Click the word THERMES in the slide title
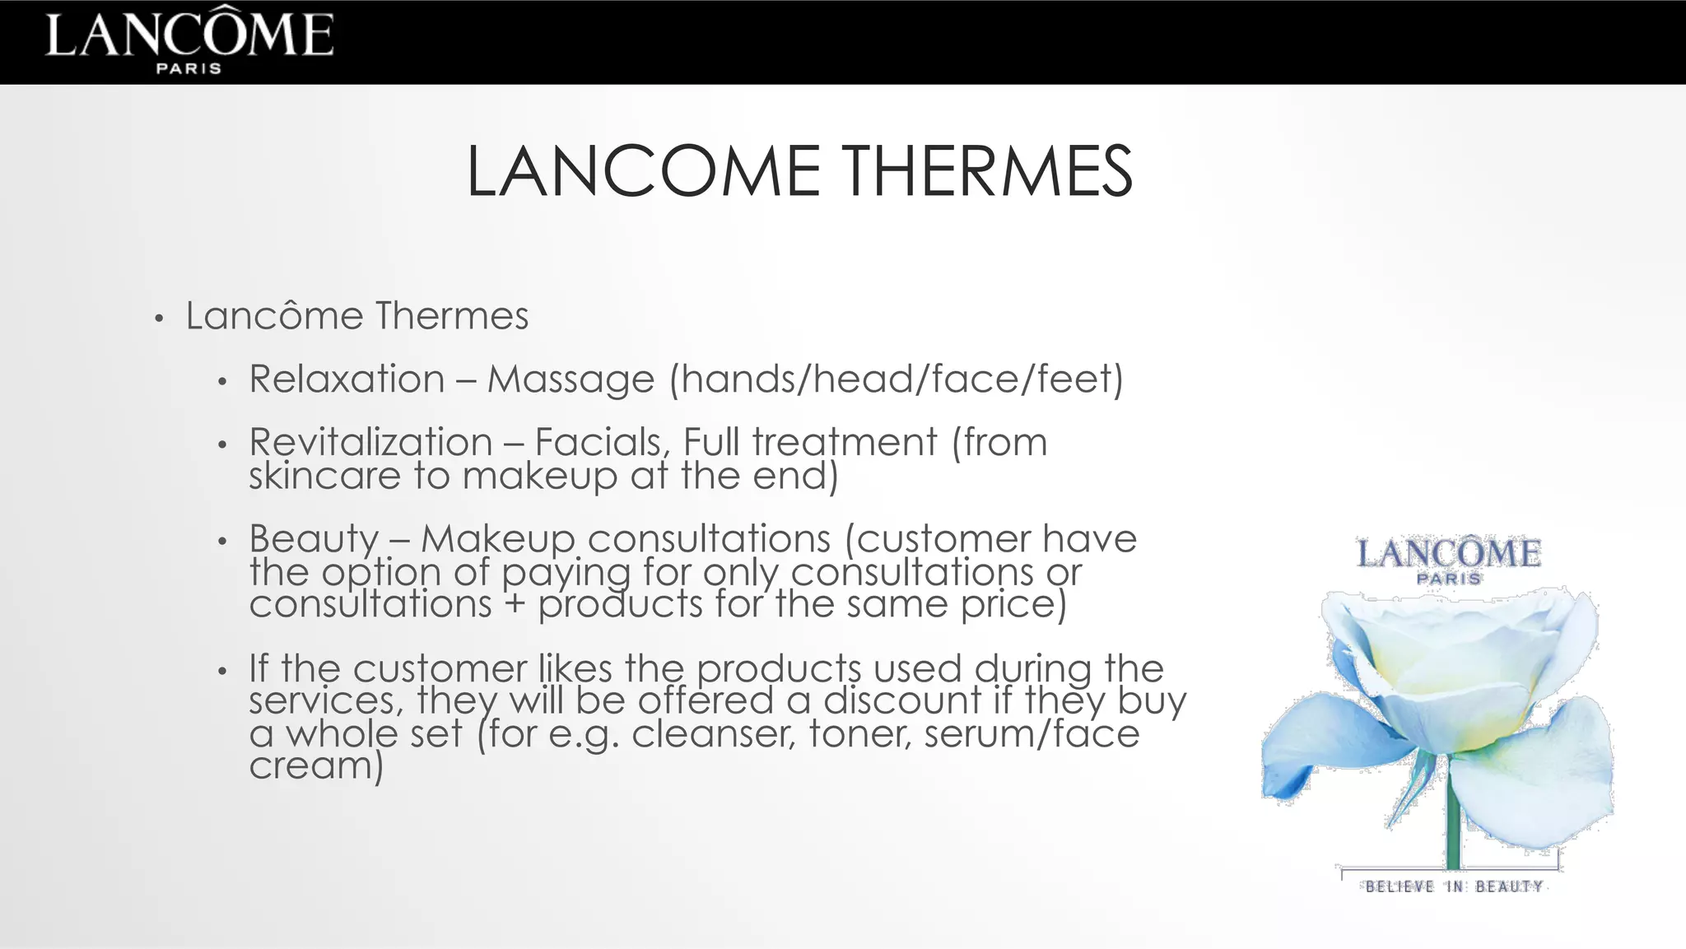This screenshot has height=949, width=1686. point(989,172)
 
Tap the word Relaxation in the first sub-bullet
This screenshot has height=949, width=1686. point(347,379)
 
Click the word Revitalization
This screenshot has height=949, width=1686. point(370,442)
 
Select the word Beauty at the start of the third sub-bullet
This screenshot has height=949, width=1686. point(314,540)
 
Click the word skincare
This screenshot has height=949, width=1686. point(324,476)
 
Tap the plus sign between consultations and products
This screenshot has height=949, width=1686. point(515,605)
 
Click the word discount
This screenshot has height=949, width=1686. point(902,700)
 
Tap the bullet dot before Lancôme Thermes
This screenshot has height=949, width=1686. point(160,319)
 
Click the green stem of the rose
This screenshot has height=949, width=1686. point(1453,823)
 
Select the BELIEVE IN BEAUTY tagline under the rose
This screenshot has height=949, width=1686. point(1454,886)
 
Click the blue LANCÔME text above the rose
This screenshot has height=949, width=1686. point(1449,554)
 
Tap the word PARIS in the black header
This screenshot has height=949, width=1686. point(189,68)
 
